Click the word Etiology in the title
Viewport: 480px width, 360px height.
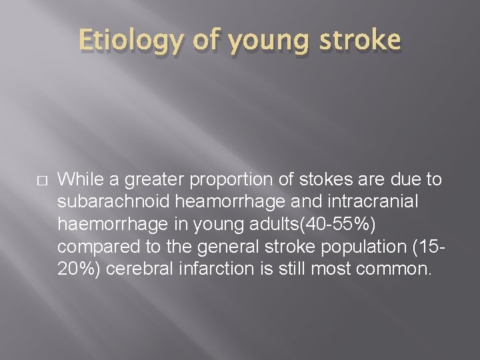point(129,41)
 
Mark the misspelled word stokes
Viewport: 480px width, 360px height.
point(316,179)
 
